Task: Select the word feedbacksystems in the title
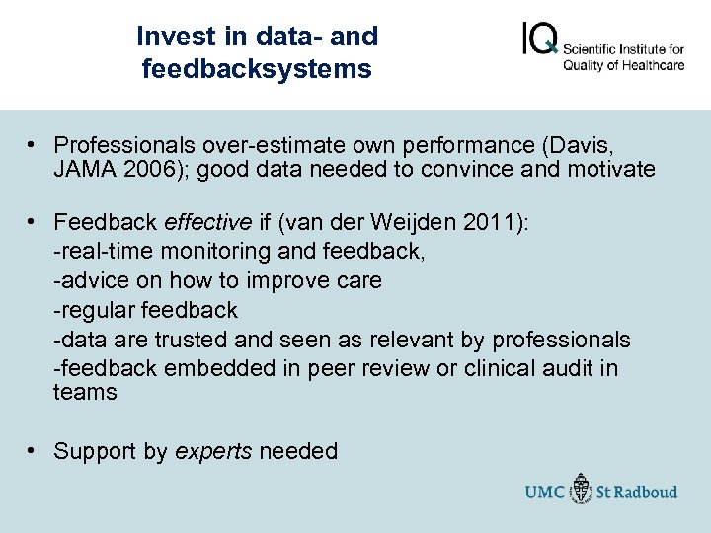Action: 257,69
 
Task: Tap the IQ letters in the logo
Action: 539,39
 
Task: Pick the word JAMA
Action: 87,169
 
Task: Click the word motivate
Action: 611,169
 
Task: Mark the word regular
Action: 97,310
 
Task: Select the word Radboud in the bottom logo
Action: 646,491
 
